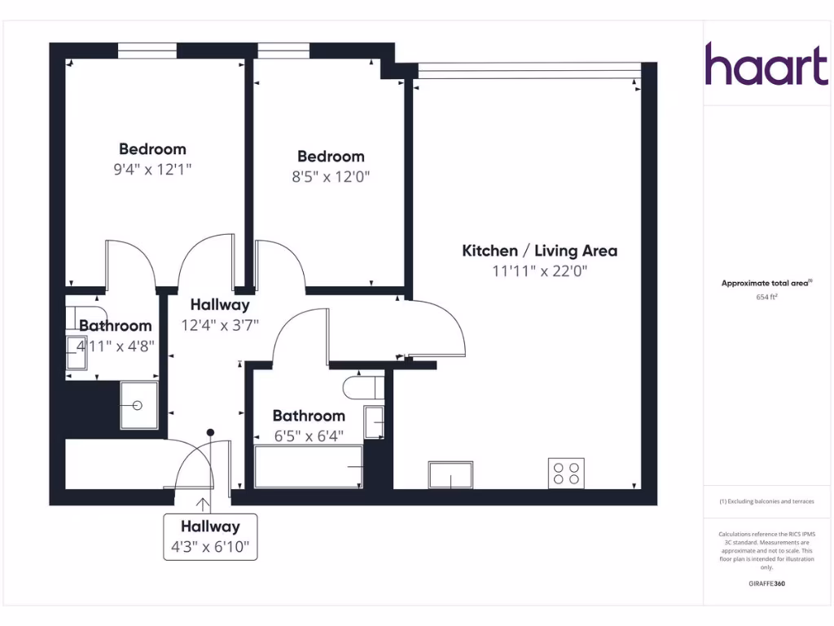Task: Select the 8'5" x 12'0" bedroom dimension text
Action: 331,177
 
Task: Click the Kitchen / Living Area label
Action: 539,250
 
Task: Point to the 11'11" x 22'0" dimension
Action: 539,271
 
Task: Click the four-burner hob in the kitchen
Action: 567,474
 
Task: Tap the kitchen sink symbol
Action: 450,474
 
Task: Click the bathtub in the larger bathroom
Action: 309,467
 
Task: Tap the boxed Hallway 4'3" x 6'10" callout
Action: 210,536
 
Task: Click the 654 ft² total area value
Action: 766,298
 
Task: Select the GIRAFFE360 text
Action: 766,584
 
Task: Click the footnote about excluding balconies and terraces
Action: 766,501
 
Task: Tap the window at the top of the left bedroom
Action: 147,51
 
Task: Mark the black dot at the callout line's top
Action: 210,432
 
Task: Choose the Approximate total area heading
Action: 766,283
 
